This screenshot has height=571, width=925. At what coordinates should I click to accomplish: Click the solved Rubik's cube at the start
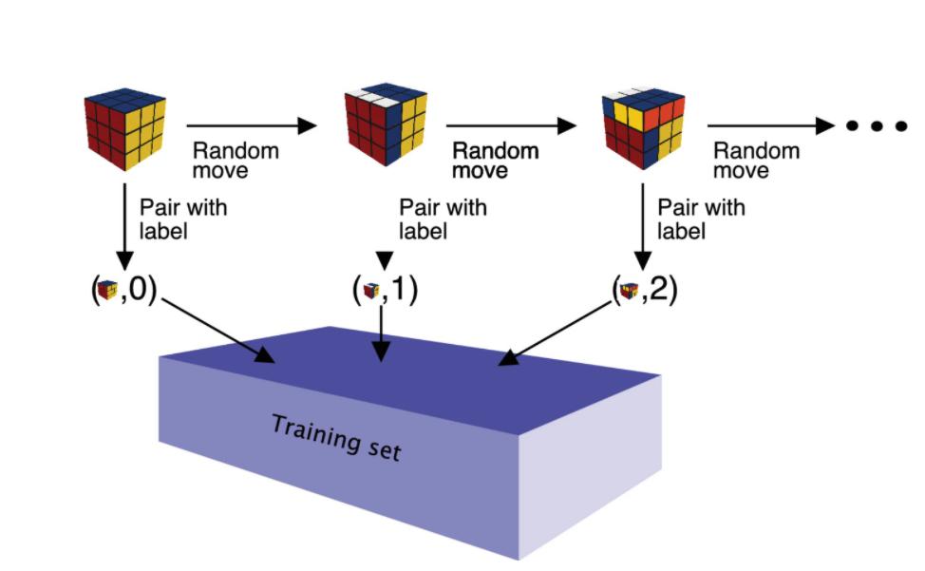124,130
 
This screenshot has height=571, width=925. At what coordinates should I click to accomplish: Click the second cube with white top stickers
386,124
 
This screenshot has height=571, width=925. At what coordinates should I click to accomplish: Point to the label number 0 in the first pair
138,289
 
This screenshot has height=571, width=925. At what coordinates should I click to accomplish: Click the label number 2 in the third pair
658,290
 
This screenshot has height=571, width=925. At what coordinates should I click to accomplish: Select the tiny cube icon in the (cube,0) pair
107,290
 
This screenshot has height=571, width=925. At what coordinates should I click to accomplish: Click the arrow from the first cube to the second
251,124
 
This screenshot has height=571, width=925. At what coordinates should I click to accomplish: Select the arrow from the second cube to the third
511,124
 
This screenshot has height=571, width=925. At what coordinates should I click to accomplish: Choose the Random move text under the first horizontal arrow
236,161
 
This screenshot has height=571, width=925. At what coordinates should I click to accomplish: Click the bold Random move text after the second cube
495,161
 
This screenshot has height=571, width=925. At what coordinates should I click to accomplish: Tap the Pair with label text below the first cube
183,219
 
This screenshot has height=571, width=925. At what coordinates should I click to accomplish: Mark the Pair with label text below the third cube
701,219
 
